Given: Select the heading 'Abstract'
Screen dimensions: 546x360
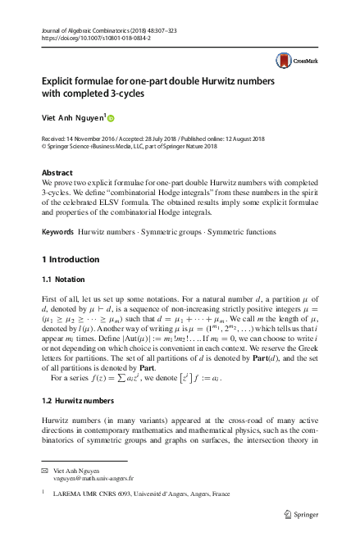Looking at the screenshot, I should click(x=56, y=173).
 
